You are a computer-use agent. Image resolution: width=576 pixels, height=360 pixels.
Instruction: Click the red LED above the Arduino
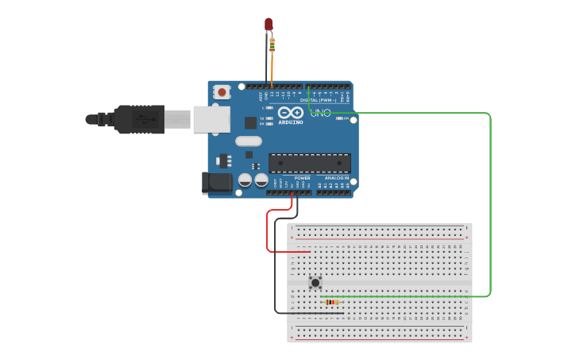(x=269, y=25)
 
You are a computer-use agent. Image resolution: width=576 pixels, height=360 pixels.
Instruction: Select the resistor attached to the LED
(x=273, y=45)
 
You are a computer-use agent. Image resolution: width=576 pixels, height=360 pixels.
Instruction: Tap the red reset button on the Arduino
(x=222, y=92)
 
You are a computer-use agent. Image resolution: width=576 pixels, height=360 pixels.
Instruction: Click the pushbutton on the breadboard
(x=315, y=282)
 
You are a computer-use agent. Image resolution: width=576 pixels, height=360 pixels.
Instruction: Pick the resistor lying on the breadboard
(x=332, y=302)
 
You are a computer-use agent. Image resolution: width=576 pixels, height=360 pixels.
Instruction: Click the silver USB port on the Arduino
(x=211, y=119)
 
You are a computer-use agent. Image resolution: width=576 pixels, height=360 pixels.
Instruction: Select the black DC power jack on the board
(x=217, y=184)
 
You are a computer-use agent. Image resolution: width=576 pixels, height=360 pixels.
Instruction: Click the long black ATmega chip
(x=309, y=163)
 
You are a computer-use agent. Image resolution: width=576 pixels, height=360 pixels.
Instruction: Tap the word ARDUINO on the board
(x=291, y=122)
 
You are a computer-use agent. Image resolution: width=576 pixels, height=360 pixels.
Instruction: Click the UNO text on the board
(x=320, y=113)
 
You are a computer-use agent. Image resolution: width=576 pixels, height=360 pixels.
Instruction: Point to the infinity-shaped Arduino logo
(x=290, y=113)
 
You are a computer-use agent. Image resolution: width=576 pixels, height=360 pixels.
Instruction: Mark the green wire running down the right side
(x=490, y=207)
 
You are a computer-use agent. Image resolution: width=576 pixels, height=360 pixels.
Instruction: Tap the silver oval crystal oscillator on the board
(x=248, y=141)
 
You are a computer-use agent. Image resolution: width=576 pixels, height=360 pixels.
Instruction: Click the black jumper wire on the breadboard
(x=318, y=313)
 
